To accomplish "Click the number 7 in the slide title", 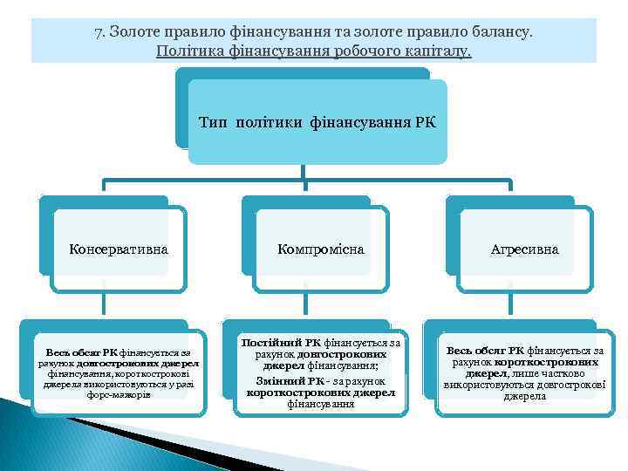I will (99, 32).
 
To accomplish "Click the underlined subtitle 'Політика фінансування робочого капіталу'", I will (314, 51).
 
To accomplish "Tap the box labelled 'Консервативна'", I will (119, 249).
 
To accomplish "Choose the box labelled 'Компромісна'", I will (321, 249).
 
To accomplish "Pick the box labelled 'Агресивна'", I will (524, 249).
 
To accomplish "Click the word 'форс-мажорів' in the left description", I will (119, 394).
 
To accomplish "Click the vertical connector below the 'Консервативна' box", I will (105, 305).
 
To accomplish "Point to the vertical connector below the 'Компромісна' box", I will (308, 305).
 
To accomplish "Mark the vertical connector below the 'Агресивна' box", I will (511, 305).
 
